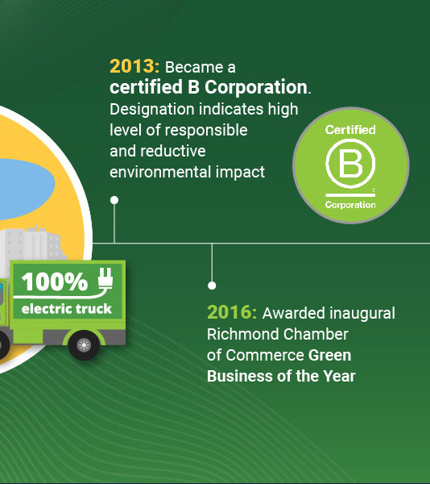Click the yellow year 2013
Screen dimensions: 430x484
pyautogui.click(x=134, y=67)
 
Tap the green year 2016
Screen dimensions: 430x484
pyautogui.click(x=232, y=312)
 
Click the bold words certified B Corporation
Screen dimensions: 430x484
pyautogui.click(x=209, y=88)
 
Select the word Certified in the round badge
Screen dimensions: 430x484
pyautogui.click(x=350, y=130)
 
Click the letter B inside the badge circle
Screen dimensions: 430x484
pyautogui.click(x=350, y=163)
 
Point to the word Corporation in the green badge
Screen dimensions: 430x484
pyautogui.click(x=350, y=205)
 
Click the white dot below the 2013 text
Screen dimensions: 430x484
pyautogui.click(x=114, y=200)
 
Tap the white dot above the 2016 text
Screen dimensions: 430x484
pyautogui.click(x=212, y=286)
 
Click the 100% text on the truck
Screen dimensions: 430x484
pyautogui.click(x=55, y=282)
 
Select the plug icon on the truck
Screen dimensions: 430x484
pyautogui.click(x=105, y=278)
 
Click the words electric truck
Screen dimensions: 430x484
pyautogui.click(x=67, y=309)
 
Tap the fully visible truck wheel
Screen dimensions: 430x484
pyautogui.click(x=84, y=344)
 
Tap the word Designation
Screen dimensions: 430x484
pyautogui.click(x=152, y=110)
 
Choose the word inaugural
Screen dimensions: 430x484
pyautogui.click(x=362, y=314)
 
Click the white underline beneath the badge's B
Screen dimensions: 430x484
pyautogui.click(x=350, y=194)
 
